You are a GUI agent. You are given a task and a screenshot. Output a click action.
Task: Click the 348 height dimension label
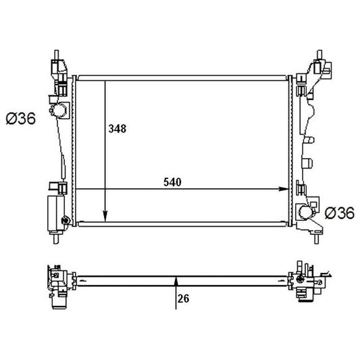(118, 129)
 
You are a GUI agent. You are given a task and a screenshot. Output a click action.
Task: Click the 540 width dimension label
(172, 182)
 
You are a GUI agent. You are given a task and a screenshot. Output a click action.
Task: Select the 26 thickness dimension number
(183, 299)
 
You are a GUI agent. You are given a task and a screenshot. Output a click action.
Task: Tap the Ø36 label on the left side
(21, 118)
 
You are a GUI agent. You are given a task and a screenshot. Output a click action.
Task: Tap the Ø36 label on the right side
(340, 213)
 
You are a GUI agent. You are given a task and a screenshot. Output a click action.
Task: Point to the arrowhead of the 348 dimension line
(105, 217)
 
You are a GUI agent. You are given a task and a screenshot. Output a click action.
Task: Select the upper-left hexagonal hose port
(59, 110)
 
